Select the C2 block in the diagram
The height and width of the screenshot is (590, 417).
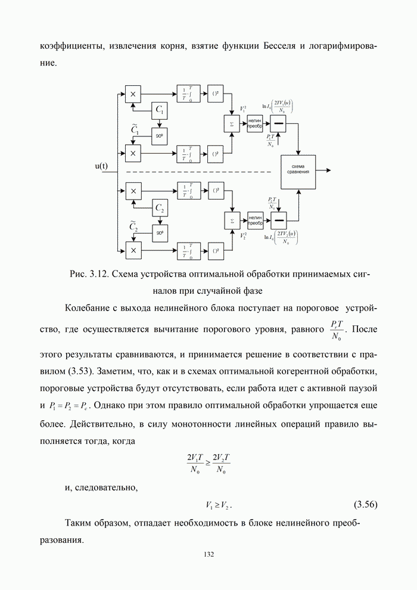tap(160, 207)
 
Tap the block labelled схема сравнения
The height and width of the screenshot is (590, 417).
tap(298, 169)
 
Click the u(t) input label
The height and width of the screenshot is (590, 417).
tap(101, 166)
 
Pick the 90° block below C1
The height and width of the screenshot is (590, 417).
tap(160, 135)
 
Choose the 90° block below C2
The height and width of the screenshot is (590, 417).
tap(160, 234)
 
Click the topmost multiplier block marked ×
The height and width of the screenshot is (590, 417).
tap(133, 94)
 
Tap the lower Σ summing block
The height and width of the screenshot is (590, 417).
tap(231, 221)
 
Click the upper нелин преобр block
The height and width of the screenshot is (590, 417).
tap(256, 123)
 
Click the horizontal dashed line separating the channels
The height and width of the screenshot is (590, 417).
tap(197, 172)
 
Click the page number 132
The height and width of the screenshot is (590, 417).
tap(208, 554)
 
